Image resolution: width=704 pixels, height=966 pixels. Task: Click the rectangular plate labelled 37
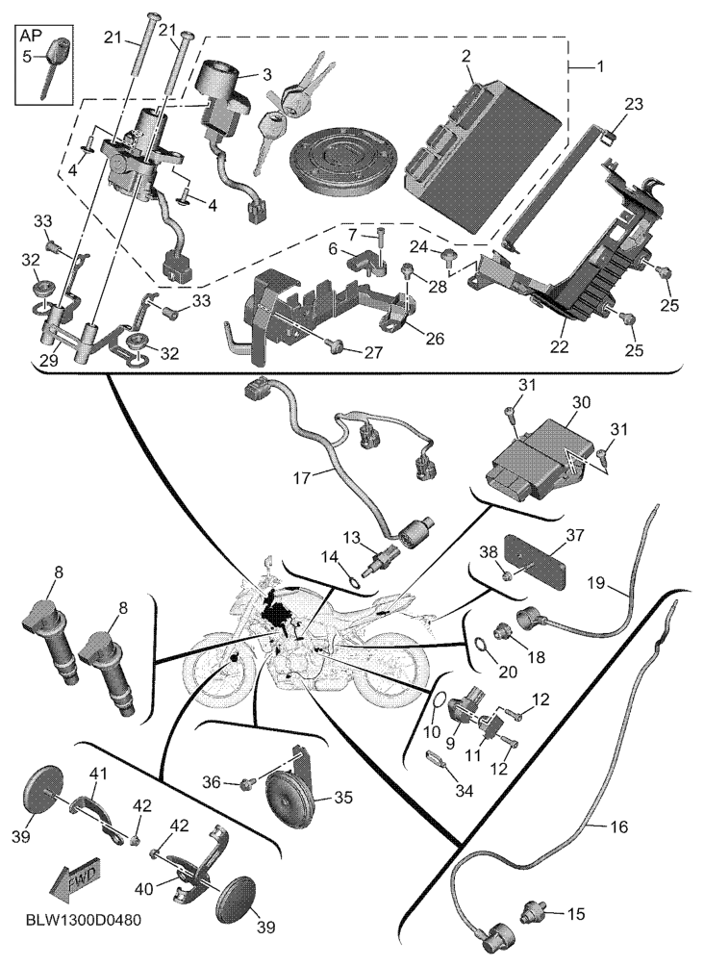tap(539, 562)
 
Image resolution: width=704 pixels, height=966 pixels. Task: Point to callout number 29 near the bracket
tap(47, 360)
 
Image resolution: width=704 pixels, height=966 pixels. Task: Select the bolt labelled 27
tap(337, 346)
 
